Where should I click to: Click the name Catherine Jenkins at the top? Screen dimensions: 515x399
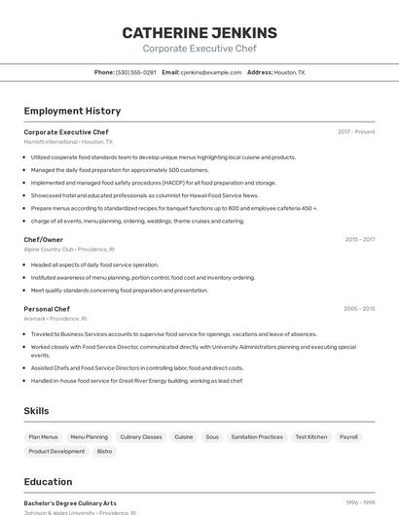click(199, 32)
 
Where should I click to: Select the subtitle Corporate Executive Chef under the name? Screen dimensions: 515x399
click(199, 49)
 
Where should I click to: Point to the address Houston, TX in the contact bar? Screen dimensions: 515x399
click(289, 72)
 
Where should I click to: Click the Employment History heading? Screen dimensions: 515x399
click(72, 111)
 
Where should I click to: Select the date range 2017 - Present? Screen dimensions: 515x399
click(356, 132)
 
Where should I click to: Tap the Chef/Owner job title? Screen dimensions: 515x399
click(44, 239)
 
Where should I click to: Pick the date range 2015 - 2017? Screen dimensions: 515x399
click(359, 239)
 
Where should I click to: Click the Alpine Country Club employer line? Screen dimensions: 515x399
click(69, 249)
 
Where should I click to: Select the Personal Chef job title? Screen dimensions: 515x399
click(47, 309)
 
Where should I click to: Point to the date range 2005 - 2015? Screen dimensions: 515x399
click(359, 309)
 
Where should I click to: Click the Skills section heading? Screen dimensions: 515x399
click(36, 411)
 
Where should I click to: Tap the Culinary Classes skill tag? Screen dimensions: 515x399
click(141, 437)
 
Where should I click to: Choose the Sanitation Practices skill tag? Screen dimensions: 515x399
click(257, 437)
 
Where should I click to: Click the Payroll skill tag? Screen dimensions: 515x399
click(348, 437)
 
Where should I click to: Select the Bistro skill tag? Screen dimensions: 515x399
click(104, 451)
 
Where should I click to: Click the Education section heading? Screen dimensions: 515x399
click(48, 482)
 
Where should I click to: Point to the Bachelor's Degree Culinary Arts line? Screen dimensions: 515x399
click(70, 503)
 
